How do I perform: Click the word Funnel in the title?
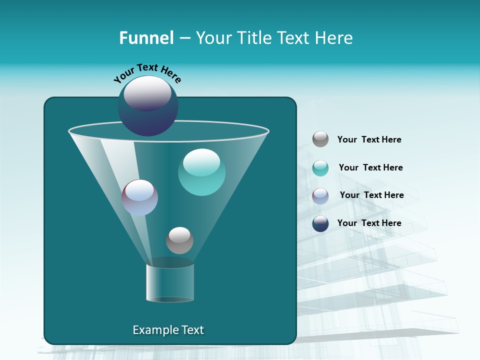146,38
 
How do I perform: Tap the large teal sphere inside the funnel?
201,172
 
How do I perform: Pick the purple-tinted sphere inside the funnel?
139,197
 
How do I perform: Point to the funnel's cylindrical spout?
169,282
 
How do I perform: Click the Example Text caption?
168,330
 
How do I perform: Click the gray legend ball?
320,139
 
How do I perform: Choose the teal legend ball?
320,168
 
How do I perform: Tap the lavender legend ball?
320,196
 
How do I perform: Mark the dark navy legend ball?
320,223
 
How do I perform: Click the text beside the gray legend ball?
369,140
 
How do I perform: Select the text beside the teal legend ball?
370,168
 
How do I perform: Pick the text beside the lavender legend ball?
371,195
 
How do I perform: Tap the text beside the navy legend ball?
369,223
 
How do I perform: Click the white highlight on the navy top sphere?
147,93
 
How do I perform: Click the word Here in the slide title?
334,38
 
